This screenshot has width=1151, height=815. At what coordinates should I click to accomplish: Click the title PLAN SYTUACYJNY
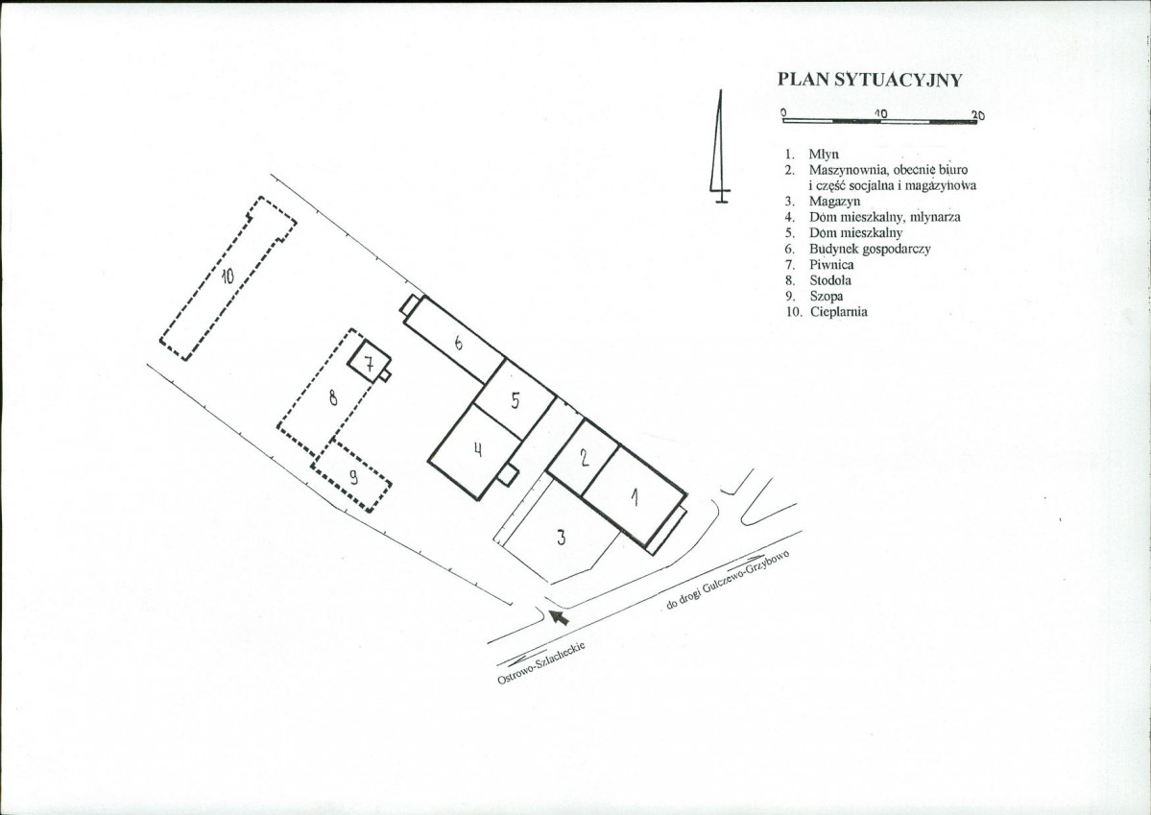[870, 80]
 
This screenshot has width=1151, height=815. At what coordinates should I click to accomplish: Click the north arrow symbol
[720, 147]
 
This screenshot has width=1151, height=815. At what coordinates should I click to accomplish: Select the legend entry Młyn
[824, 155]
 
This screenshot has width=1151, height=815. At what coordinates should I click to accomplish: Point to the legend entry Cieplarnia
[838, 312]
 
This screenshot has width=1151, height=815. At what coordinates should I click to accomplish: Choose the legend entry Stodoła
[830, 280]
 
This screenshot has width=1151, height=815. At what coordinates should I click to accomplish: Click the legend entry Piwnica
[831, 264]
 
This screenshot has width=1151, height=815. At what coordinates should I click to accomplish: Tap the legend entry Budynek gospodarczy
[870, 249]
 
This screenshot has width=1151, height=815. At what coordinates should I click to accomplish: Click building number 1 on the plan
[635, 496]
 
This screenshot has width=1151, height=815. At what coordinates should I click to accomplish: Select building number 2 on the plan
[585, 458]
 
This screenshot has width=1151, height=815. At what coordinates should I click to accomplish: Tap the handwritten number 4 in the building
[477, 448]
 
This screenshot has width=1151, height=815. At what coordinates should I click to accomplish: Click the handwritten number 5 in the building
[516, 400]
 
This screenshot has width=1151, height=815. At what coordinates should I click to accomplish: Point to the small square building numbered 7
[369, 361]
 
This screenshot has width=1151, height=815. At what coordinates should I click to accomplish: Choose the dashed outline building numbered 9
[351, 476]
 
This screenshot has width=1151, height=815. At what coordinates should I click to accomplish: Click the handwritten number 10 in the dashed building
[227, 276]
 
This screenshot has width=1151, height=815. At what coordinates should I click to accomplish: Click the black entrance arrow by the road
[560, 617]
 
